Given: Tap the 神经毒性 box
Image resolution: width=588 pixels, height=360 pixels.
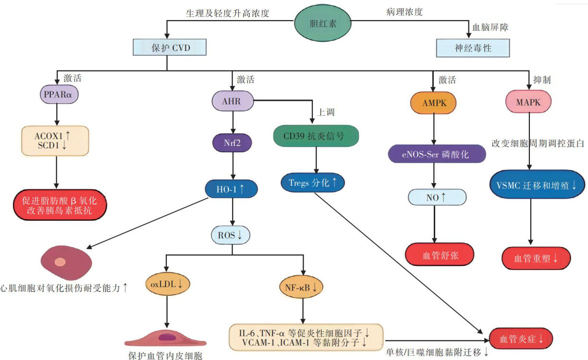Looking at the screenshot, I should click(473, 48).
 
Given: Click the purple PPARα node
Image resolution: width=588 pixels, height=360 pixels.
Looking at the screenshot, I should click(59, 96).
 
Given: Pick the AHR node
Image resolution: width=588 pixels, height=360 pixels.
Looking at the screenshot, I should click(233, 101).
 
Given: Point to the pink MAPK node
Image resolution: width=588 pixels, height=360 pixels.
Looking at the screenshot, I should click(528, 102).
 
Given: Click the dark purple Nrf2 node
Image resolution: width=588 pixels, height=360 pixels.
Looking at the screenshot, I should click(233, 143).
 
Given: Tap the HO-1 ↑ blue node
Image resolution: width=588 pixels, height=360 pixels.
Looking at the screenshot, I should click(233, 189).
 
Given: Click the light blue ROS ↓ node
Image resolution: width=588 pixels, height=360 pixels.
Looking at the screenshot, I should click(233, 235).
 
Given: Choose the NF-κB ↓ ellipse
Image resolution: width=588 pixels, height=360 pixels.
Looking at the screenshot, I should click(301, 287).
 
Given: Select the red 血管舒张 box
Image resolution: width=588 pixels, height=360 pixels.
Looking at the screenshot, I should click(440, 255).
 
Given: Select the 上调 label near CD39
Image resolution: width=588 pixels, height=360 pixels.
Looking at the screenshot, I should click(326, 112).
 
